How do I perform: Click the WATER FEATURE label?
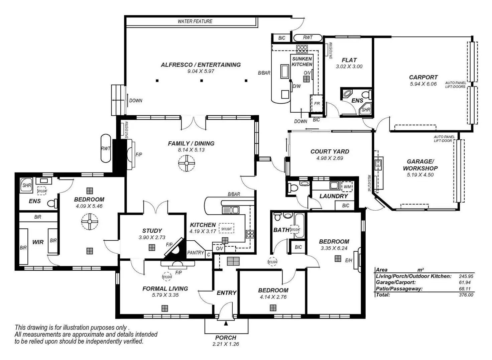[x=195, y=21]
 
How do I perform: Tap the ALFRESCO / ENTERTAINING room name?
[x=201, y=65]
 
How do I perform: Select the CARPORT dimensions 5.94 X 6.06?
[x=423, y=84]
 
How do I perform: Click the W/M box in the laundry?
[x=347, y=187]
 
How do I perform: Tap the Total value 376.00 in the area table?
[x=466, y=295]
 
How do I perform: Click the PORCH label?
[x=226, y=338]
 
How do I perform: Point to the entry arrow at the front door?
[x=226, y=323]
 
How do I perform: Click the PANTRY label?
[x=196, y=253]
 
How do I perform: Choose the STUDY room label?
[x=152, y=231]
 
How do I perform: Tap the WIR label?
[x=38, y=242]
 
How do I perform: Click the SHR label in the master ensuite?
[x=27, y=185]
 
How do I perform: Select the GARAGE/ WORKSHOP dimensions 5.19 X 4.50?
[x=420, y=175]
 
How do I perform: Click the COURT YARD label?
[x=330, y=151]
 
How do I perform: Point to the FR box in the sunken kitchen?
[x=317, y=103]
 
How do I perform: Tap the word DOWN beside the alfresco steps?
[x=136, y=100]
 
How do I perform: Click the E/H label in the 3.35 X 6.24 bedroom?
[x=349, y=260]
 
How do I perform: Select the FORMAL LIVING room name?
[x=165, y=288]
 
